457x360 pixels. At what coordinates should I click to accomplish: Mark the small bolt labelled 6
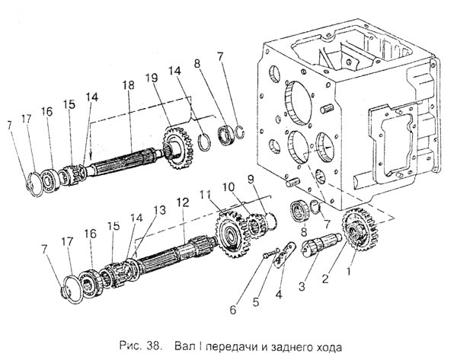tap(264, 255)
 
